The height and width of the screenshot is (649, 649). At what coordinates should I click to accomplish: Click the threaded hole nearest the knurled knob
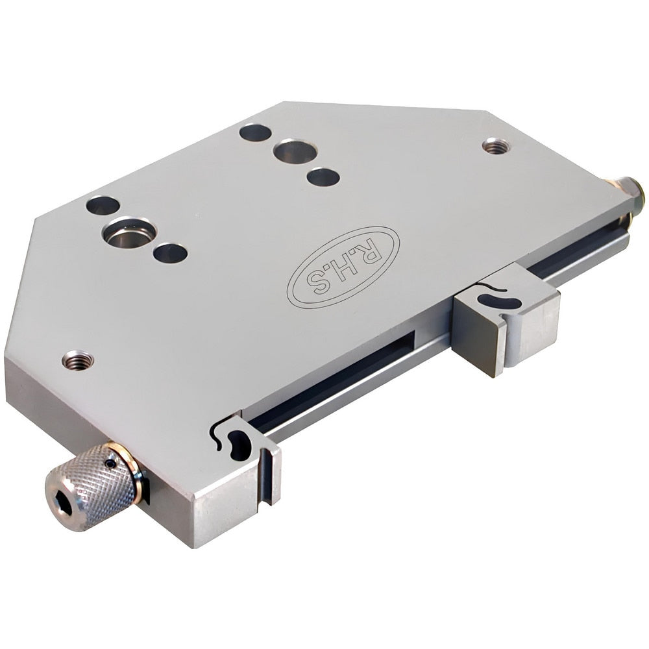(78, 360)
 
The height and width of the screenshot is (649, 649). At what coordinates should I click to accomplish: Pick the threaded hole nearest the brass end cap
(496, 146)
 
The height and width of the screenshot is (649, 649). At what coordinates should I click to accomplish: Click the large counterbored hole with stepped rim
(130, 232)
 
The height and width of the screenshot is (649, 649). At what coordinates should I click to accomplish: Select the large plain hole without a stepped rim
(295, 152)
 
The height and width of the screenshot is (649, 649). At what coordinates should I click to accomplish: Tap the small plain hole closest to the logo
(323, 177)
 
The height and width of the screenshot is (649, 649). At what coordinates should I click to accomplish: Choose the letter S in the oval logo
(316, 284)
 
